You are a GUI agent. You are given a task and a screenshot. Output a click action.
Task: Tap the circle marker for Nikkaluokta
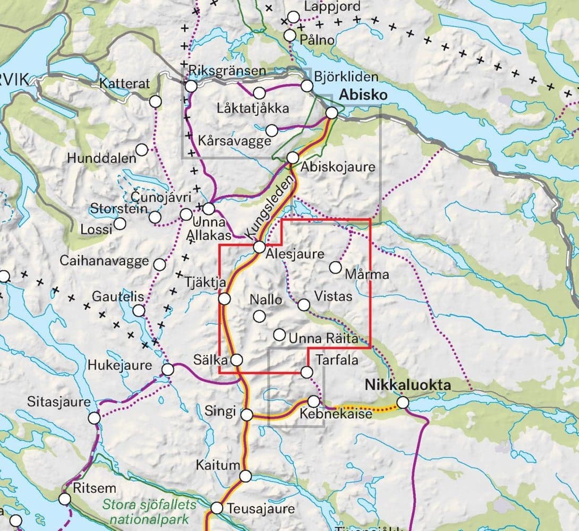403,403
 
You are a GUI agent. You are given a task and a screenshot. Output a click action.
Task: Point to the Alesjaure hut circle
259,247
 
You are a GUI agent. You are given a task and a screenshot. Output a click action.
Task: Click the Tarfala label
337,359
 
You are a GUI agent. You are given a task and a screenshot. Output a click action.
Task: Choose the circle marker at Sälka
237,360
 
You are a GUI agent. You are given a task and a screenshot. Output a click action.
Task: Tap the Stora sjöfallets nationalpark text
150,510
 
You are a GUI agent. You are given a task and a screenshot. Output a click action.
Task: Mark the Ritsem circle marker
65,499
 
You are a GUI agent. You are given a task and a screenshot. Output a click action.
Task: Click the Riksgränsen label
227,71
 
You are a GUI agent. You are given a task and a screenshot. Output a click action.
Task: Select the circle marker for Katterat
155,101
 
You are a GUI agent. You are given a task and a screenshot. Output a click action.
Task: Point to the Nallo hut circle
259,316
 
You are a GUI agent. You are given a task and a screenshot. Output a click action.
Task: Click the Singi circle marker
247,414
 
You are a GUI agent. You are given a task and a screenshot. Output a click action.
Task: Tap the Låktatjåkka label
253,108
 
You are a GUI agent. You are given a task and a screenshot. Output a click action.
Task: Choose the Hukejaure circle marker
168,370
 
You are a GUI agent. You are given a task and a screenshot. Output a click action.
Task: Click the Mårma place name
367,275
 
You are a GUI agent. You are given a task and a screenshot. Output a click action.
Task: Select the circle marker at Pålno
290,36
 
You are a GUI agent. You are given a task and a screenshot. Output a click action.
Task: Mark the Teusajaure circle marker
217,508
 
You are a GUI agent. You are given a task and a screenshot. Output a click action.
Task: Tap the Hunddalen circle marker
142,150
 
